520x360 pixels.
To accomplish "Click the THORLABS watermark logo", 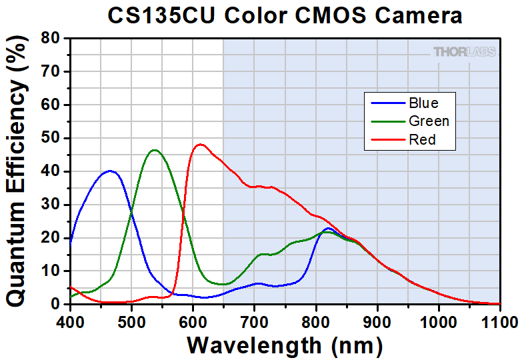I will click(464, 52).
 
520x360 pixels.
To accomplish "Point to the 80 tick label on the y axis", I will click(54, 38).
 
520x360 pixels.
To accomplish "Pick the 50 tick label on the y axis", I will click(54, 138).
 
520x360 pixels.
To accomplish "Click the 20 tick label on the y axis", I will click(54, 237).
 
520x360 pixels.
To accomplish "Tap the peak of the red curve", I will click(200, 144).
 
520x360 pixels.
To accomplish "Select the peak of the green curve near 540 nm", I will click(155, 150).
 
